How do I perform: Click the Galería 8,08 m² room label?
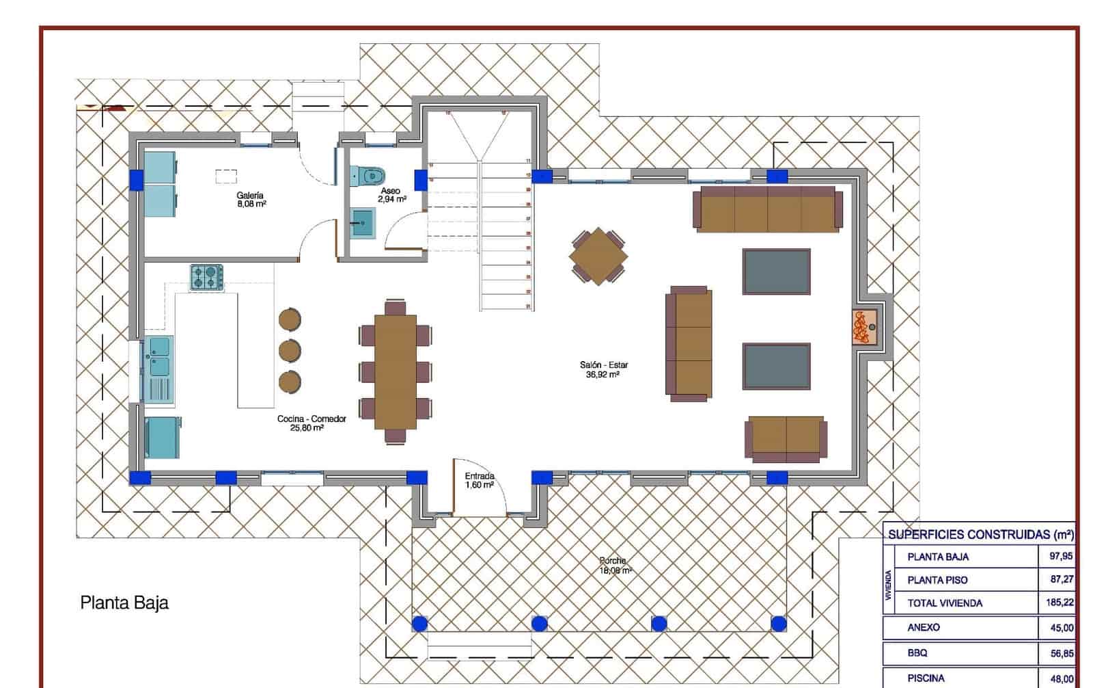point(251,199)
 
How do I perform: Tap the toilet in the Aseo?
point(368,175)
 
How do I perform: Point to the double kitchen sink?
point(158,356)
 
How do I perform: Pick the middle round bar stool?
point(290,350)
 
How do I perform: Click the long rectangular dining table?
point(395,371)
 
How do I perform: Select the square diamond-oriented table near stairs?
point(598,256)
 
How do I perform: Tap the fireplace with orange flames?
point(864,328)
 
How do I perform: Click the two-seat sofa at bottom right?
point(786,438)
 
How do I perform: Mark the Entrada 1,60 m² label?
point(480,480)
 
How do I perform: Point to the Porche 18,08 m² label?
point(614,565)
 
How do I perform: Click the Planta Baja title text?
point(124,603)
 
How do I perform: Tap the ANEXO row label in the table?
point(924,627)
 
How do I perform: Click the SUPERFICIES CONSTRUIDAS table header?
point(980,534)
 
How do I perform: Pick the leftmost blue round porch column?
point(419,623)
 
